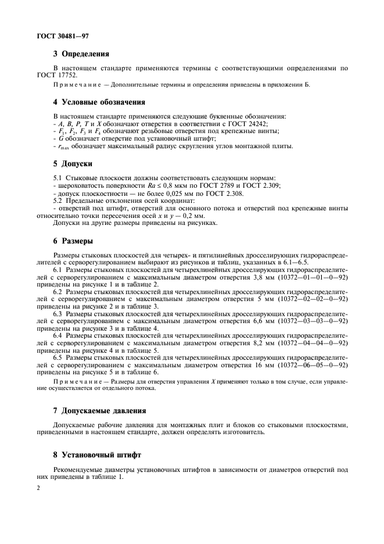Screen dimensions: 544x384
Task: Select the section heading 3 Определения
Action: (81, 55)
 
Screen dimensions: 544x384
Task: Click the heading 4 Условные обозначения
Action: (99, 103)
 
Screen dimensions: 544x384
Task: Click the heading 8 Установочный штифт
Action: (100, 455)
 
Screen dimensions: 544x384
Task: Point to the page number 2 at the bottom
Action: (38, 489)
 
